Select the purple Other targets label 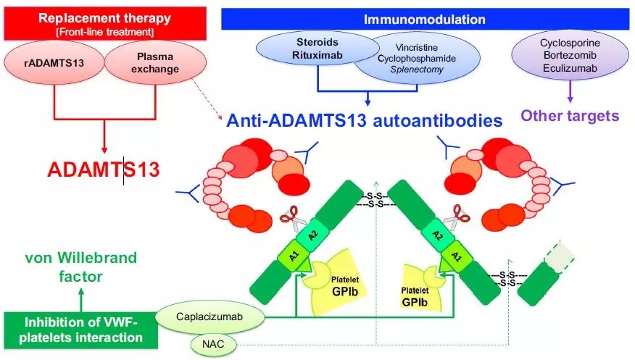tap(570, 116)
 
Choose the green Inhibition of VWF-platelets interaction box tap(80, 328)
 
